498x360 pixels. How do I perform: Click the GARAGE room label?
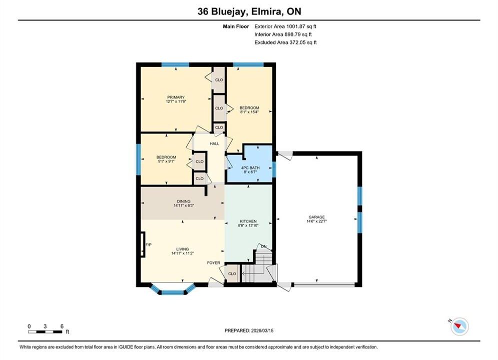click(x=316, y=217)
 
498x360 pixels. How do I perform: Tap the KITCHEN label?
click(x=248, y=221)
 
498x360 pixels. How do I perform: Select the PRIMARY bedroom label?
click(x=176, y=97)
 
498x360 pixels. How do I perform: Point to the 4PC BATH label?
click(x=250, y=168)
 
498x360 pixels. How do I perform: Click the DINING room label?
click(x=184, y=201)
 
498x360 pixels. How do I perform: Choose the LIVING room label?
click(x=183, y=249)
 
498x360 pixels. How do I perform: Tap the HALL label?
click(x=214, y=143)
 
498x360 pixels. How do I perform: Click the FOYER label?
click(x=213, y=263)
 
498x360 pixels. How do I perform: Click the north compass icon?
click(x=459, y=325)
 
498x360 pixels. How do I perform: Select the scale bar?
click(x=45, y=332)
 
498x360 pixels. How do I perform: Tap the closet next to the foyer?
click(x=232, y=273)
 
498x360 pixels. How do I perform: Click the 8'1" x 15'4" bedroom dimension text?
click(x=249, y=112)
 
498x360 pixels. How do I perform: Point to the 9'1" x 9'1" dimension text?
click(x=166, y=161)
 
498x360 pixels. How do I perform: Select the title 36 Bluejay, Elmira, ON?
click(x=249, y=11)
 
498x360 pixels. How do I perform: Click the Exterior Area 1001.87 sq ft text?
click(x=285, y=26)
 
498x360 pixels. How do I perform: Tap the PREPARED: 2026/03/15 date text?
click(x=249, y=330)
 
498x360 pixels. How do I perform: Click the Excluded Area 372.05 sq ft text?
click(x=285, y=42)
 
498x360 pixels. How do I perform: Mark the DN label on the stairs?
click(x=264, y=246)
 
